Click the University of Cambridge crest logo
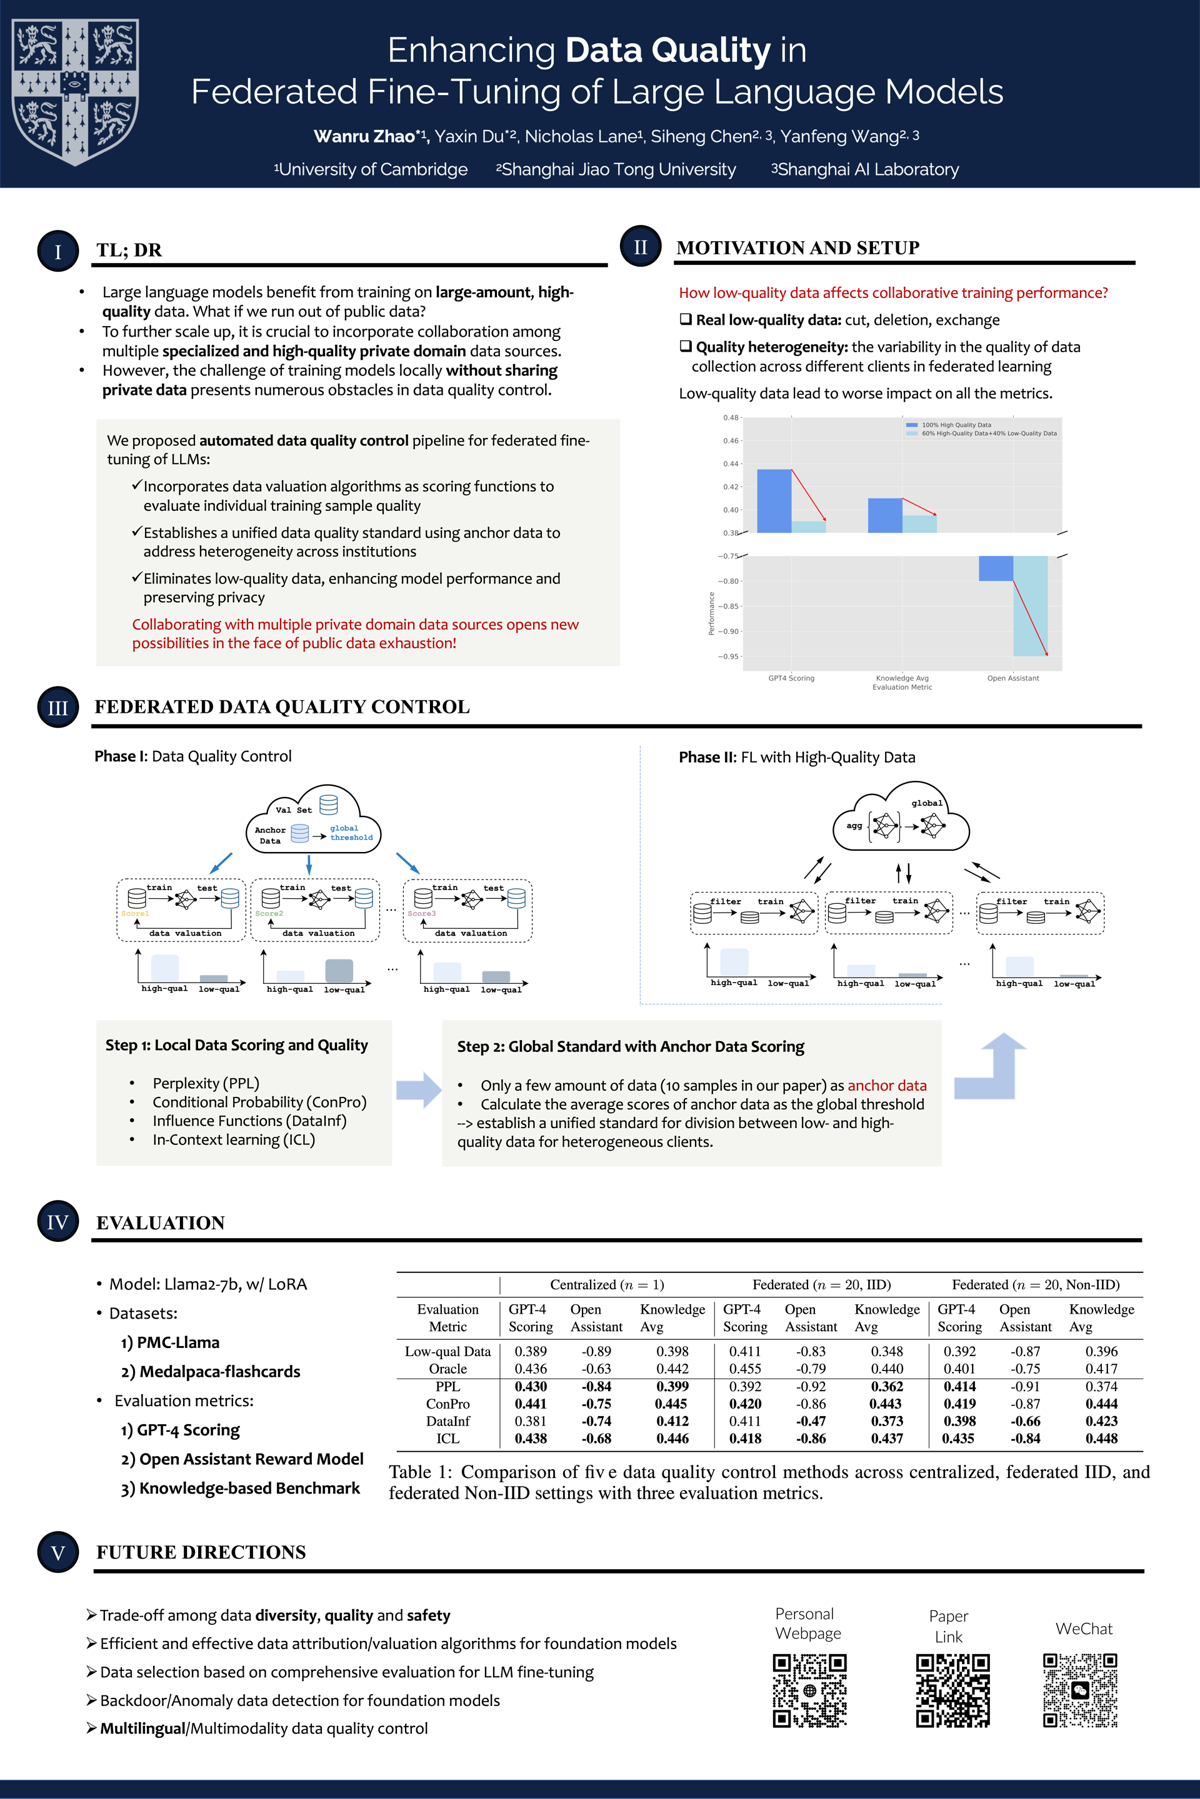coord(75,92)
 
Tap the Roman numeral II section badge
coord(641,247)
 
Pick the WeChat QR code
coord(1080,1690)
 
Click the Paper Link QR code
coord(952,1690)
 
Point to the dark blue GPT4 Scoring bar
coord(774,501)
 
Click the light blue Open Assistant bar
coord(1030,606)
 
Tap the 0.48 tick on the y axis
coord(731,418)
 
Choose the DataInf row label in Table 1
coord(447,1421)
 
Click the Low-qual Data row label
coord(447,1352)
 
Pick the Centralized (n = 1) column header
coord(607,1285)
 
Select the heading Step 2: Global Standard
coord(631,1046)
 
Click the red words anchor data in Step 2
coord(886,1086)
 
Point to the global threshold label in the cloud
coord(351,833)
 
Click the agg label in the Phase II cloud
coord(854,826)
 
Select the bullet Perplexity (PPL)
coord(206,1083)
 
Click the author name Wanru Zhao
coord(364,136)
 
